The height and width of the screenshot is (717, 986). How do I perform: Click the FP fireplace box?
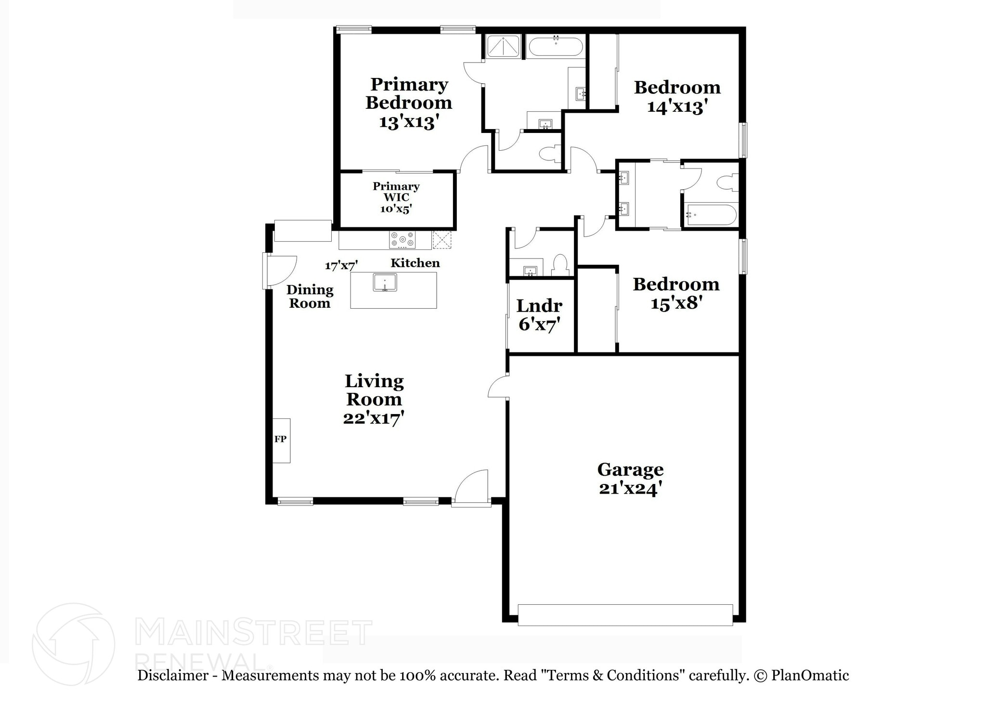[x=281, y=440]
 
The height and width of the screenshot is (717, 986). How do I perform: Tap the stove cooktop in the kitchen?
[x=402, y=240]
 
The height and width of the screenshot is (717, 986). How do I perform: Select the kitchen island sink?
[x=385, y=282]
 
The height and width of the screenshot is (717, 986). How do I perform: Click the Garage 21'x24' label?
[x=630, y=478]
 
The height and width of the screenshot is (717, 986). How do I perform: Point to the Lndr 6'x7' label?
[x=539, y=314]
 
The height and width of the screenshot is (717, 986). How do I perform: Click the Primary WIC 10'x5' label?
[x=396, y=197]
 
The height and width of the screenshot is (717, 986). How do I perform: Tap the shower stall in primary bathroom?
[x=503, y=47]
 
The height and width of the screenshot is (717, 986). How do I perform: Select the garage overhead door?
[x=625, y=615]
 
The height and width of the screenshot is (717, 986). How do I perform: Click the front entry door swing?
[x=471, y=487]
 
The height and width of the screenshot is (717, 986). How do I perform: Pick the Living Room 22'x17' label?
[x=374, y=399]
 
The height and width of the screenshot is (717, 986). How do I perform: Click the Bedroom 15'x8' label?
[x=676, y=293]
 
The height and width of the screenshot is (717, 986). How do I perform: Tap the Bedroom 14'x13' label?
[x=677, y=96]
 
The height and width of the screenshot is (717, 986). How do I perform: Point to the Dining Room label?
[x=310, y=296]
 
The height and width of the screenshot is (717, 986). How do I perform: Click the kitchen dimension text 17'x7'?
[x=341, y=265]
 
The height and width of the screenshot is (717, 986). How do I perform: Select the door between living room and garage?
[x=498, y=387]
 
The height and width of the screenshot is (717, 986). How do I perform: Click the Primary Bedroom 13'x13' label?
[x=409, y=103]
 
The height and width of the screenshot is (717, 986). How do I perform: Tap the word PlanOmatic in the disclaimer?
[x=810, y=675]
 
